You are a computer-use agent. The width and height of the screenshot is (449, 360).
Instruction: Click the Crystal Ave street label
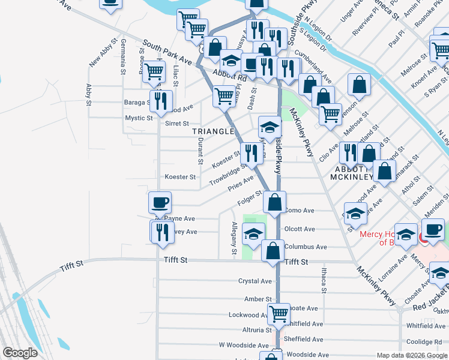click(x=255, y=281)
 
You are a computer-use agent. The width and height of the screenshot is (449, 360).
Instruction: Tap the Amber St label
click(x=258, y=299)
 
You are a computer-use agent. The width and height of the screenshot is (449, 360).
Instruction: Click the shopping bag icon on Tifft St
click(x=273, y=251)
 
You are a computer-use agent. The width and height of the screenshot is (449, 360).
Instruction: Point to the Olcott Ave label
click(x=300, y=229)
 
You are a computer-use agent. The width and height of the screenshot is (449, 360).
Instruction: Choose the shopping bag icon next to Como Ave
click(x=274, y=203)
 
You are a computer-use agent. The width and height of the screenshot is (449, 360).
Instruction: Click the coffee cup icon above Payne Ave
click(x=160, y=203)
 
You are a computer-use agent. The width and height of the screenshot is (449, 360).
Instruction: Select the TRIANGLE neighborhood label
click(x=212, y=131)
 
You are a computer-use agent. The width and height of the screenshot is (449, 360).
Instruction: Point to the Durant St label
click(x=199, y=150)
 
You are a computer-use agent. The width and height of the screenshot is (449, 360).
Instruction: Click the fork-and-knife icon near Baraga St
click(x=161, y=101)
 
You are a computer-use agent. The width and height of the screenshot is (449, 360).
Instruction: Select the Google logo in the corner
click(x=19, y=353)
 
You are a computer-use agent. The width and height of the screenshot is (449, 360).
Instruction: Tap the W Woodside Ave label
click(x=244, y=346)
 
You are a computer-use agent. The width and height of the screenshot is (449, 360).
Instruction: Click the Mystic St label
click(x=139, y=118)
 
